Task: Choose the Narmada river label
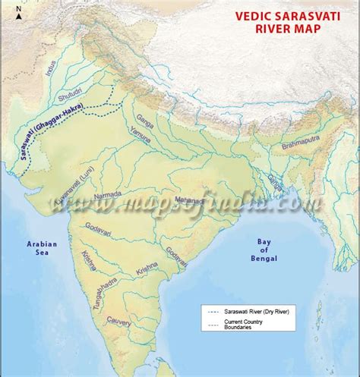click(108, 196)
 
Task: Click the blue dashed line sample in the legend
click(213, 311)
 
